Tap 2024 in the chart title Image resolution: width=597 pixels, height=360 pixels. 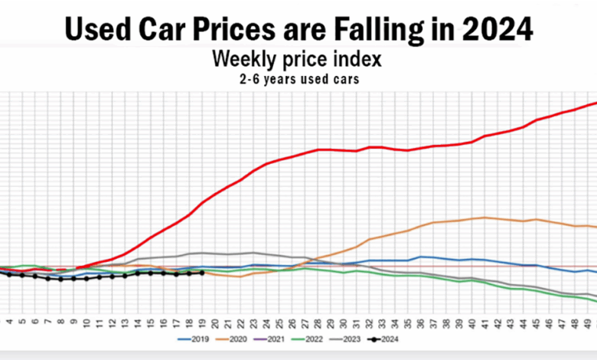497,28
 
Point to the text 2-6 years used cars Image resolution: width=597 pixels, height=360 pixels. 298,78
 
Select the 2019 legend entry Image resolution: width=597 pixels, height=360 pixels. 196,338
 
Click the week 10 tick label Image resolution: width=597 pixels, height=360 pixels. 86,322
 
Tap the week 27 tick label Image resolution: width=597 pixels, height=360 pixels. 305,322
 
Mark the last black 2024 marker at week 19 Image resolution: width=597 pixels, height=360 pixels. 201,273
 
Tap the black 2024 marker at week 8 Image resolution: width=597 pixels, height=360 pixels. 60,280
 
